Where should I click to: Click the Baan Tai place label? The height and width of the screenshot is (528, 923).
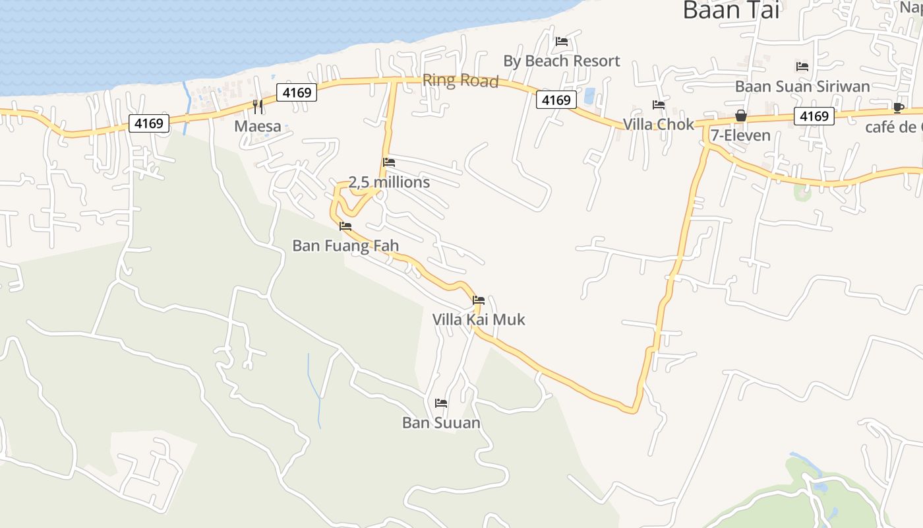[x=730, y=10]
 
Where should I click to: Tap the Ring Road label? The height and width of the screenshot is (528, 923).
[x=460, y=81]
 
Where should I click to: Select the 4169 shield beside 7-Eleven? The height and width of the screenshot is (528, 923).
[x=814, y=116]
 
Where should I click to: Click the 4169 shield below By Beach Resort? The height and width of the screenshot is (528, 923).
[x=556, y=100]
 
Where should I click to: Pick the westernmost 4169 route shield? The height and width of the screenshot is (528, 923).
[x=149, y=123]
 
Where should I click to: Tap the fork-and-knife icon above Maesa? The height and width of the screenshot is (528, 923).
[x=258, y=106]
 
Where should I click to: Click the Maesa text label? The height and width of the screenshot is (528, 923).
[x=258, y=126]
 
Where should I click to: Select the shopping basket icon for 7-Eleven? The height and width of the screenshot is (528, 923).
[x=741, y=115]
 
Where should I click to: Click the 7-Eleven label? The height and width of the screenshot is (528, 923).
[x=740, y=135]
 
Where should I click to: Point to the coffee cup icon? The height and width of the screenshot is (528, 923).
[x=898, y=108]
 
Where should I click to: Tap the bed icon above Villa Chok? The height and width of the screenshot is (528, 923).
[x=659, y=104]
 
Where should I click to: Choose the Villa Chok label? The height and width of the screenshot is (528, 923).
[x=659, y=124]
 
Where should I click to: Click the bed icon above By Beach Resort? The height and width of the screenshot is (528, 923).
[x=562, y=41]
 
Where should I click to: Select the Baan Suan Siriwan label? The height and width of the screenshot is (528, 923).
[x=802, y=86]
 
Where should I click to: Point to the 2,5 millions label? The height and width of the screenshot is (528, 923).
[x=389, y=182]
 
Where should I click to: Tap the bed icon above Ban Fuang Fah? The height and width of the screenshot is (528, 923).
[x=345, y=226]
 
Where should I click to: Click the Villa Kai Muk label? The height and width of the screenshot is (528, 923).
[x=479, y=319]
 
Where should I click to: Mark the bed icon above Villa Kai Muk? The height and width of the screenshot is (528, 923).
[x=479, y=300]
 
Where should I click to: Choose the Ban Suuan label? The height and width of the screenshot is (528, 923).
[x=441, y=422]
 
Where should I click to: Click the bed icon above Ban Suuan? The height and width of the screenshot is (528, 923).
[x=441, y=403]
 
